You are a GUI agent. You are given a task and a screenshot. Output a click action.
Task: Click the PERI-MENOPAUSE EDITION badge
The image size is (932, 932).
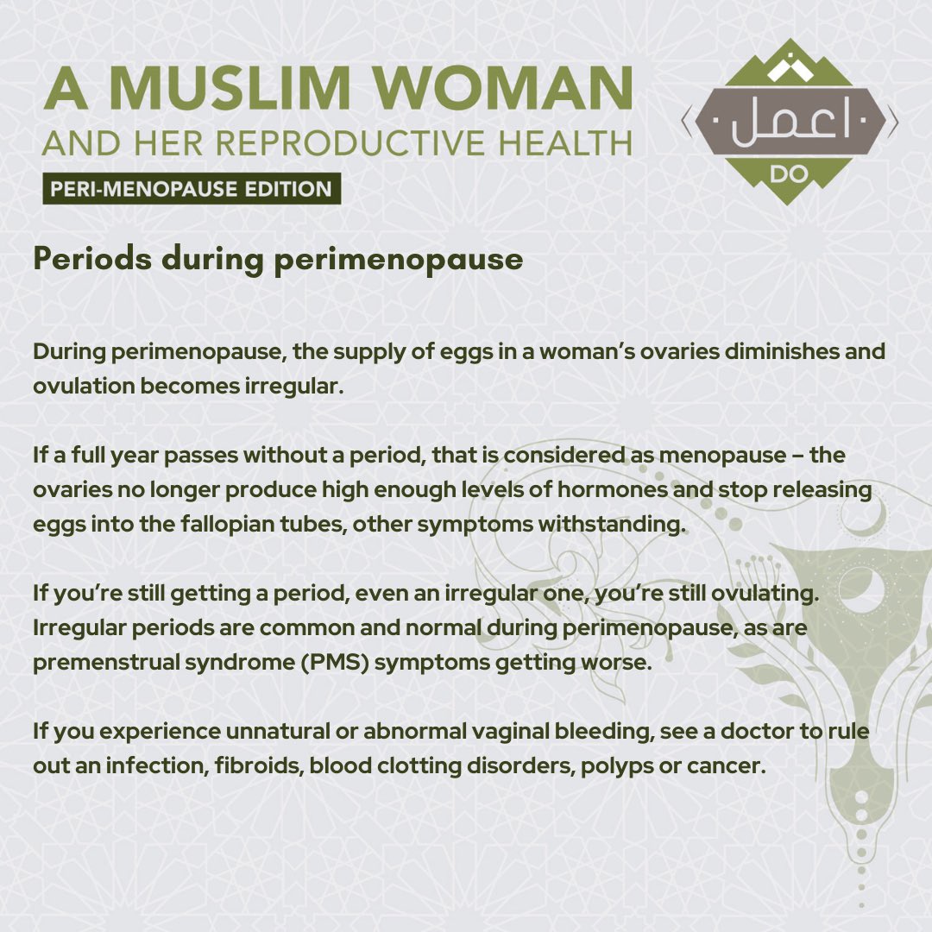(x=192, y=189)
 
